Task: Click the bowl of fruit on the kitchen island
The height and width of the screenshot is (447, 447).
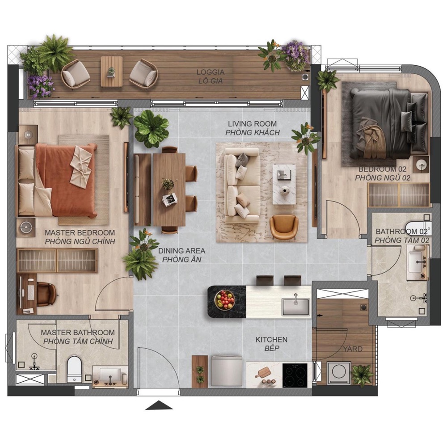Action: (225, 300)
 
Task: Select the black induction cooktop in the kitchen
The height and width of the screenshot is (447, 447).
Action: (295, 375)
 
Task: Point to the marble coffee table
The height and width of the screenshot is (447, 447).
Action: (284, 184)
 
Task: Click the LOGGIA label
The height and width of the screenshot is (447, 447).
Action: (211, 72)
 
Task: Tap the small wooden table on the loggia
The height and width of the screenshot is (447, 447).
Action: (111, 72)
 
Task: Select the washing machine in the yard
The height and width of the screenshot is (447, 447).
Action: (339, 373)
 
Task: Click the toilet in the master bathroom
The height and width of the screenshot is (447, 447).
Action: (74, 370)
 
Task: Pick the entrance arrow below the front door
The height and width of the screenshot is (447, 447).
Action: (159, 405)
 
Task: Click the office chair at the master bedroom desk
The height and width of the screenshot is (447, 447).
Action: (47, 294)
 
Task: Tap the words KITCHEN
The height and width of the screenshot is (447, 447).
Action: (271, 340)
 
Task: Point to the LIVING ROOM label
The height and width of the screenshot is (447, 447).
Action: (252, 124)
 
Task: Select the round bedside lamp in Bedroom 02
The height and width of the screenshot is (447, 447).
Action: (422, 164)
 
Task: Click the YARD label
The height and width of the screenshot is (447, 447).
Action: (353, 349)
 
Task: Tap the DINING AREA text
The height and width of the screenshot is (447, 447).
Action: (181, 251)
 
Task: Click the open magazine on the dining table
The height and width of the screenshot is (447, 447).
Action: (170, 199)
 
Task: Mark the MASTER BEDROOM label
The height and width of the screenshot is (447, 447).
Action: (80, 232)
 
